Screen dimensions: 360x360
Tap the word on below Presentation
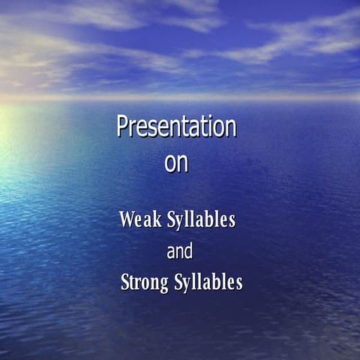[x=176, y=164]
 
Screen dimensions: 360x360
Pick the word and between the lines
[x=179, y=252]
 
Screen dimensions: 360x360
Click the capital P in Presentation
[x=123, y=127]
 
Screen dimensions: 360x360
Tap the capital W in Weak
[x=127, y=220]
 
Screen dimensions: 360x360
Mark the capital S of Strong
[x=125, y=283]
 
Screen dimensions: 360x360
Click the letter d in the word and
[x=188, y=251]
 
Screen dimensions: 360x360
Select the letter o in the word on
[x=170, y=165]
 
